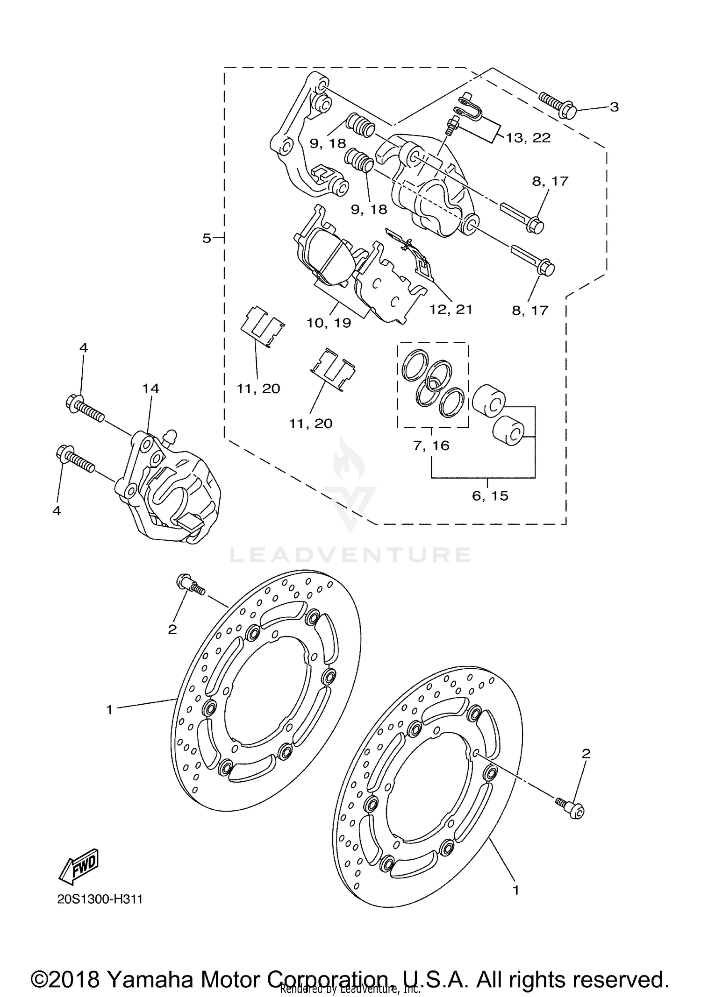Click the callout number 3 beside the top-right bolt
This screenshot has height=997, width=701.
click(x=614, y=107)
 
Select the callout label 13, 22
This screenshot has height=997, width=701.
click(x=528, y=138)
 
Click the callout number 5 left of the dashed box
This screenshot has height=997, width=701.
click(x=207, y=239)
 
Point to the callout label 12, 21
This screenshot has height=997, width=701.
click(x=451, y=310)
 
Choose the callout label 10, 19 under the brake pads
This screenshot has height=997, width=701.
click(x=329, y=323)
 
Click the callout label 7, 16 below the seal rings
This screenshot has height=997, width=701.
click(x=431, y=445)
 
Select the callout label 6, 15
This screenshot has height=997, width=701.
click(x=490, y=495)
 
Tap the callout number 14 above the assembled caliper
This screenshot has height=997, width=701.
click(x=150, y=389)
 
